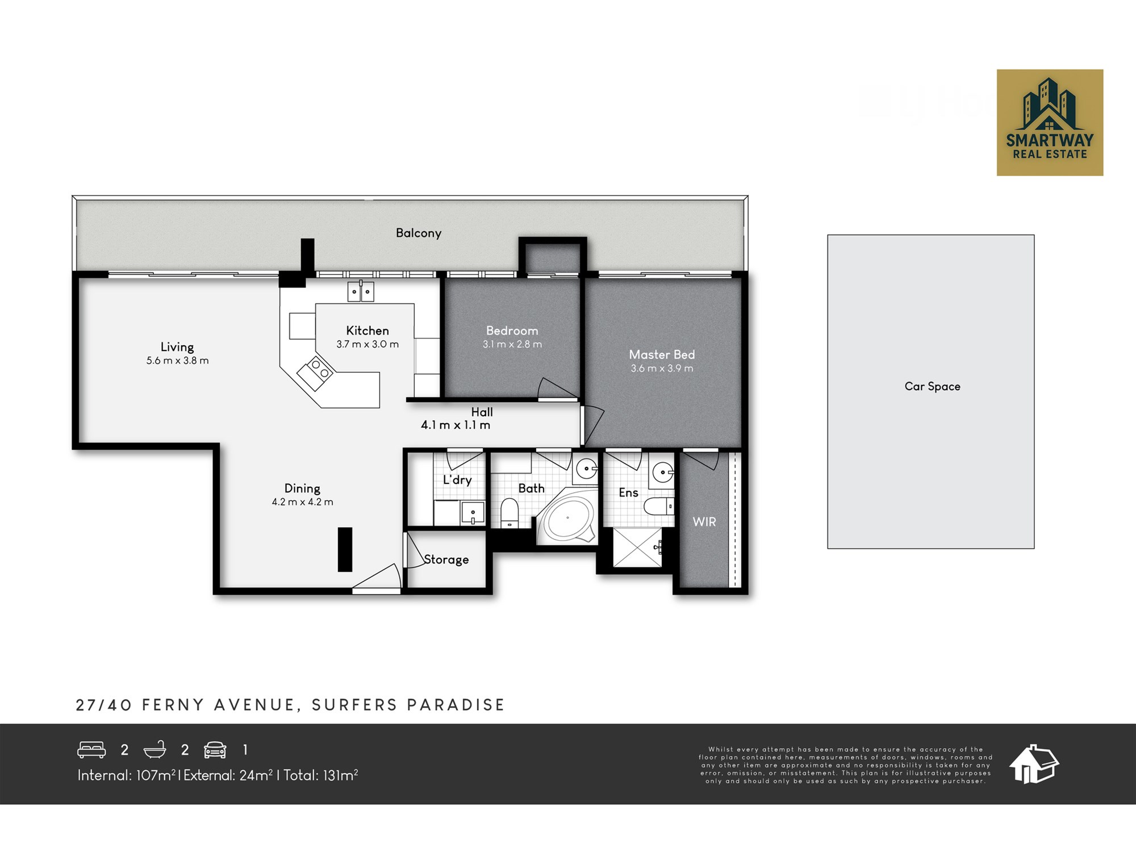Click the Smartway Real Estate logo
pyautogui.click(x=1050, y=123)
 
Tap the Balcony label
pyautogui.click(x=419, y=233)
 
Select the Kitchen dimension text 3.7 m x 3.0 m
pyautogui.click(x=367, y=344)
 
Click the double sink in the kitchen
pyautogui.click(x=361, y=291)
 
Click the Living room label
pyautogui.click(x=177, y=346)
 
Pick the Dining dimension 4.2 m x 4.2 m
pyautogui.click(x=302, y=502)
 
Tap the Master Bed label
pyautogui.click(x=662, y=354)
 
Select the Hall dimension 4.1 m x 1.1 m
pyautogui.click(x=456, y=425)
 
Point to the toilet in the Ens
pyautogui.click(x=659, y=506)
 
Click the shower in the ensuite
pyautogui.click(x=637, y=548)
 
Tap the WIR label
pyautogui.click(x=704, y=521)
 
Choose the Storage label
pyautogui.click(x=446, y=559)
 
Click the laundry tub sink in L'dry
pyautogui.click(x=473, y=513)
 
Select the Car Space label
pyautogui.click(x=932, y=386)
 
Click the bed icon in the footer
pyautogui.click(x=91, y=750)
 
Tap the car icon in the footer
pyautogui.click(x=215, y=750)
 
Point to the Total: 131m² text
pyautogui.click(x=321, y=775)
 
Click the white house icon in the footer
pyautogui.click(x=1034, y=764)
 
